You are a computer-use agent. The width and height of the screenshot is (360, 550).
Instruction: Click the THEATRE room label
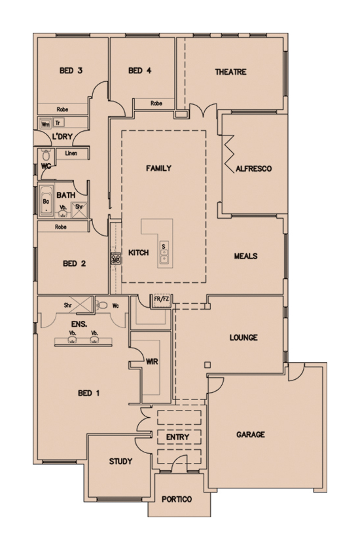pyautogui.click(x=230, y=72)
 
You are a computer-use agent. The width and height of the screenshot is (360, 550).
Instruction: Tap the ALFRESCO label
pyautogui.click(x=253, y=169)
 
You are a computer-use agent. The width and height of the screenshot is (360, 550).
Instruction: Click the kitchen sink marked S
pyautogui.click(x=164, y=252)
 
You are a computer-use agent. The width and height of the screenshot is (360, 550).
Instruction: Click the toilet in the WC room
pyautogui.click(x=46, y=155)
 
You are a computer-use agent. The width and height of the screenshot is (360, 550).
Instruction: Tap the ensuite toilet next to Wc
pyautogui.click(x=102, y=305)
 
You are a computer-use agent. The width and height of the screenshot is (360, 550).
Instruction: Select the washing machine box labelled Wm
pyautogui.click(x=45, y=124)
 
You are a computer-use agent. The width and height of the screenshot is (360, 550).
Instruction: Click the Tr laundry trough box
pyautogui.click(x=58, y=123)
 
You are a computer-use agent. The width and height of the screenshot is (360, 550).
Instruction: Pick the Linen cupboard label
pyautogui.click(x=71, y=153)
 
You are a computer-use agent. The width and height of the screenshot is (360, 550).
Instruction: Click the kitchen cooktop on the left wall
pyautogui.click(x=116, y=259)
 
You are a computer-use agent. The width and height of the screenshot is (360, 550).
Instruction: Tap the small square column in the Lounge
pyautogui.click(x=207, y=365)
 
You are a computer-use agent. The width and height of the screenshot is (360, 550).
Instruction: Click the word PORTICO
pyautogui.click(x=177, y=499)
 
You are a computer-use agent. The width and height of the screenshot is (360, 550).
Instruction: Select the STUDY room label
pyautogui.click(x=120, y=461)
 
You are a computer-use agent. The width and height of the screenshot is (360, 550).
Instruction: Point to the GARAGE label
pyautogui.click(x=251, y=435)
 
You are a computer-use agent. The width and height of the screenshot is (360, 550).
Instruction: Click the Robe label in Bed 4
pyautogui.click(x=156, y=103)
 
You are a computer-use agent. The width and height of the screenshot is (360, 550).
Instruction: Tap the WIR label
pyautogui.click(x=152, y=361)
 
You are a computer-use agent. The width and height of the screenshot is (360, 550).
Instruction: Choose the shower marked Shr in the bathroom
pyautogui.click(x=80, y=210)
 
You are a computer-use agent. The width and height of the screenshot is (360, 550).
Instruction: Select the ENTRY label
pyautogui.click(x=177, y=437)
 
